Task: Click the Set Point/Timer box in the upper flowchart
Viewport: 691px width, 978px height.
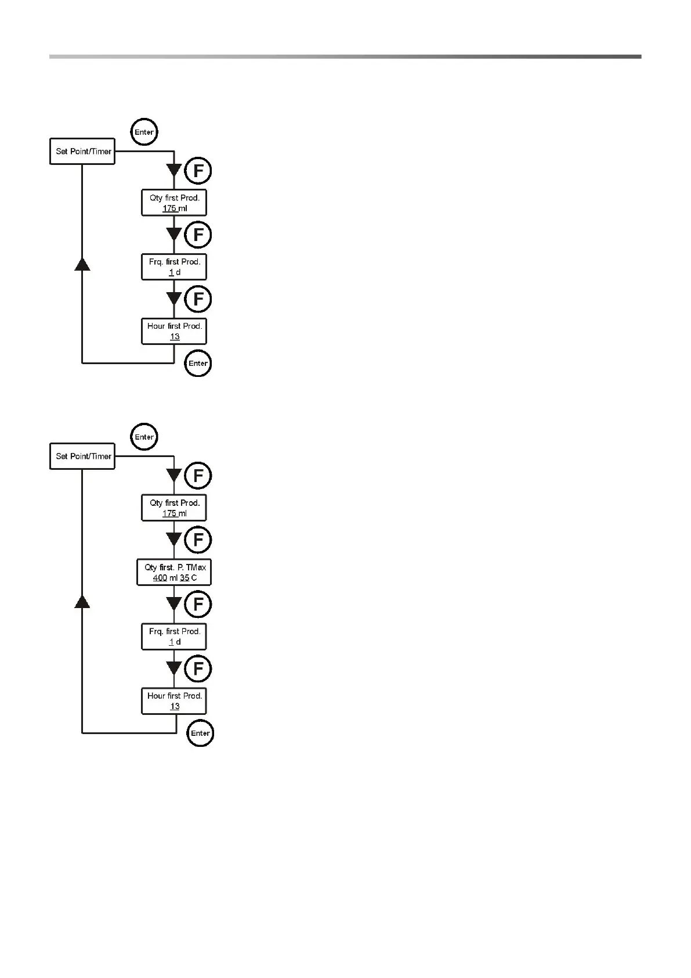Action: [x=82, y=152]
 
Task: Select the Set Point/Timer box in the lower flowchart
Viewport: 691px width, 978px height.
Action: [x=82, y=456]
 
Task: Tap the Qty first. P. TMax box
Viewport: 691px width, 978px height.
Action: [x=174, y=572]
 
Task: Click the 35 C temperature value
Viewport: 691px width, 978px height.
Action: [x=189, y=578]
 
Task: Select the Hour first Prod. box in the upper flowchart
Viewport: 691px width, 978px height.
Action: [x=174, y=331]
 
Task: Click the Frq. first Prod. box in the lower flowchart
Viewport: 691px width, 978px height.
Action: [x=174, y=637]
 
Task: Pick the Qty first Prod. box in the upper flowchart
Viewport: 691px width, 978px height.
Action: [x=174, y=203]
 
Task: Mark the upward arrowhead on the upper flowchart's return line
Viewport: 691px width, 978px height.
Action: [x=82, y=264]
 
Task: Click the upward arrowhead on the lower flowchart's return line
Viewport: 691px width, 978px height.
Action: [x=82, y=601]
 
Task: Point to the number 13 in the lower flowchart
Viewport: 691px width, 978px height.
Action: [x=175, y=707]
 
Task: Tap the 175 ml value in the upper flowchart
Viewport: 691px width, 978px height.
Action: [x=175, y=208]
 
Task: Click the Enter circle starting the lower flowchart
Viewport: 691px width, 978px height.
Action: [x=144, y=437]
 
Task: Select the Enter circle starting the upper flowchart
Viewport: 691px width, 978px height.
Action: [x=144, y=132]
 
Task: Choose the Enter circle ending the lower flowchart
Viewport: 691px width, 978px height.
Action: [x=200, y=733]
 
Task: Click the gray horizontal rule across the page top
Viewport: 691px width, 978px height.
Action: [x=345, y=56]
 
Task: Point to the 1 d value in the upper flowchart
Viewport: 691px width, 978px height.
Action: [x=175, y=272]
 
